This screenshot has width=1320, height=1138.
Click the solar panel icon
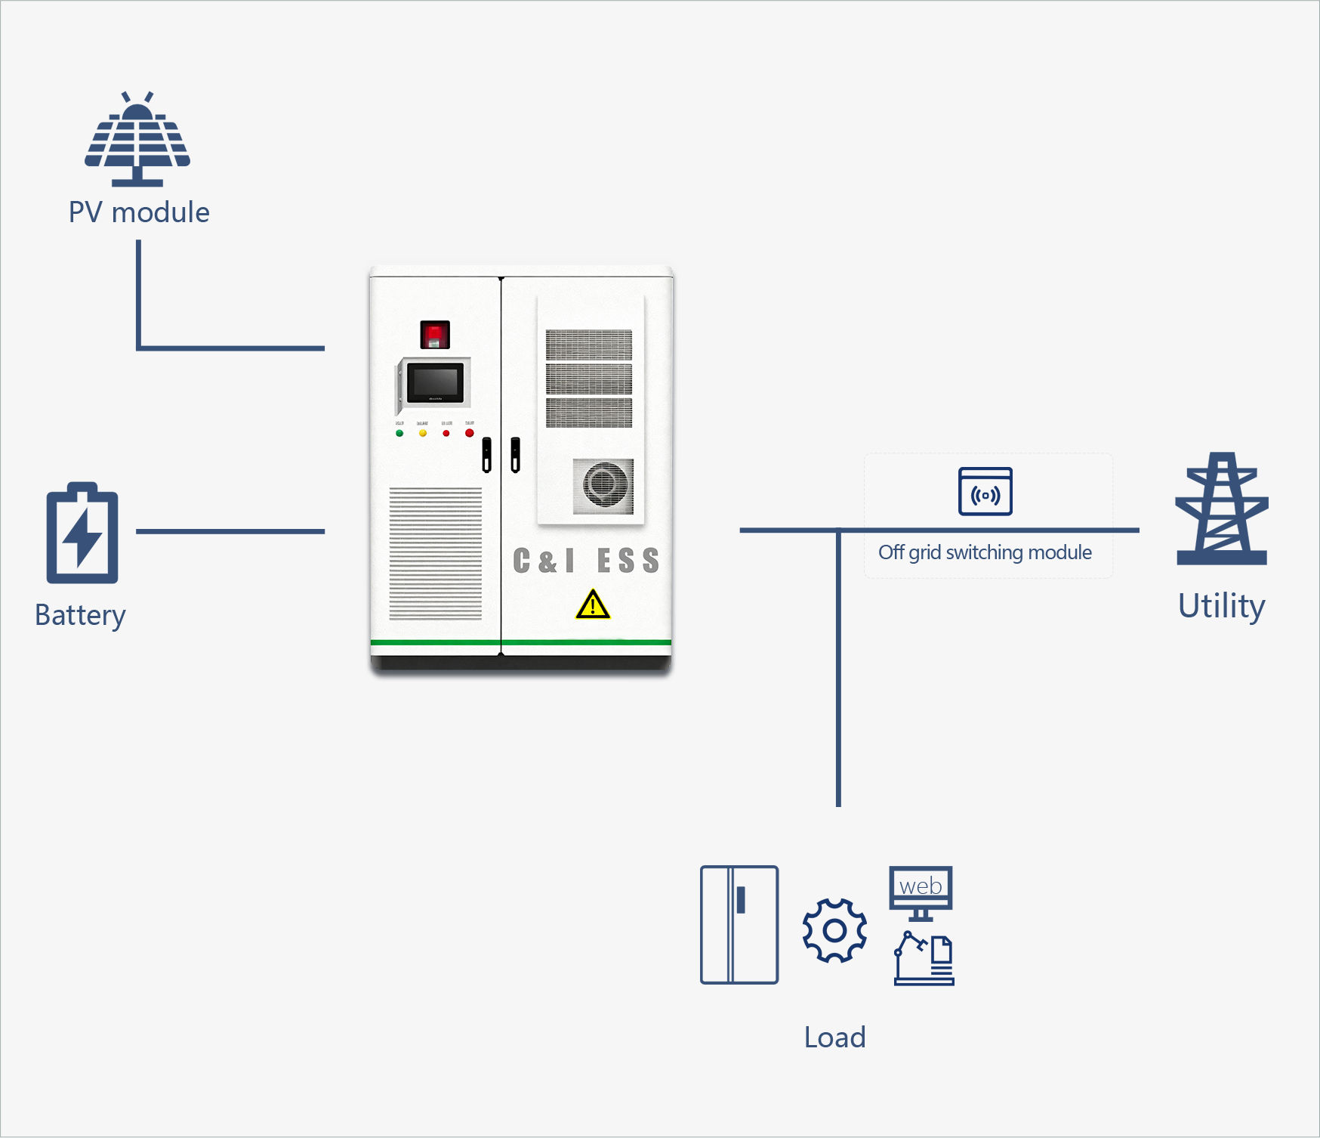pyautogui.click(x=137, y=141)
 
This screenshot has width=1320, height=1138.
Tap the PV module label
pyautogui.click(x=139, y=212)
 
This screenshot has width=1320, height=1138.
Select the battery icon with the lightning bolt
pyautogui.click(x=82, y=533)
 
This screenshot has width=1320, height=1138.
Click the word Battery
pyautogui.click(x=80, y=615)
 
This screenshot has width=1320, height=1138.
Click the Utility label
pyautogui.click(x=1221, y=606)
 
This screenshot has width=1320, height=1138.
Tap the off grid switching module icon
pyautogui.click(x=985, y=492)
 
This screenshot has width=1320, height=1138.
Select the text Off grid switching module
pyautogui.click(x=985, y=552)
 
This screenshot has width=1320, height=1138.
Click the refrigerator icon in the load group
pyautogui.click(x=739, y=925)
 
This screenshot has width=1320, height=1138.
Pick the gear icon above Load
pyautogui.click(x=834, y=930)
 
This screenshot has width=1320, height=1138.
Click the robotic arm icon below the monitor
pyautogui.click(x=924, y=959)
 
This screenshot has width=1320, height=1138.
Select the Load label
pyautogui.click(x=834, y=1037)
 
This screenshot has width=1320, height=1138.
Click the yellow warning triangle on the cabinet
pyautogui.click(x=593, y=605)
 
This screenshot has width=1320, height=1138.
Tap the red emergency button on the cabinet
pyautogui.click(x=434, y=334)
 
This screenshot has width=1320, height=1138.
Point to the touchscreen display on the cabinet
pyautogui.click(x=435, y=383)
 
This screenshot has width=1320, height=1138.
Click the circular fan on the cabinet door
pyautogui.click(x=603, y=485)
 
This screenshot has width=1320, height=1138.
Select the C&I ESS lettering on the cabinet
pyautogui.click(x=586, y=561)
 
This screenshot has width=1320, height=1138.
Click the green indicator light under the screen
pyautogui.click(x=399, y=433)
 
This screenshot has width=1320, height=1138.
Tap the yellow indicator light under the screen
pyautogui.click(x=423, y=433)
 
